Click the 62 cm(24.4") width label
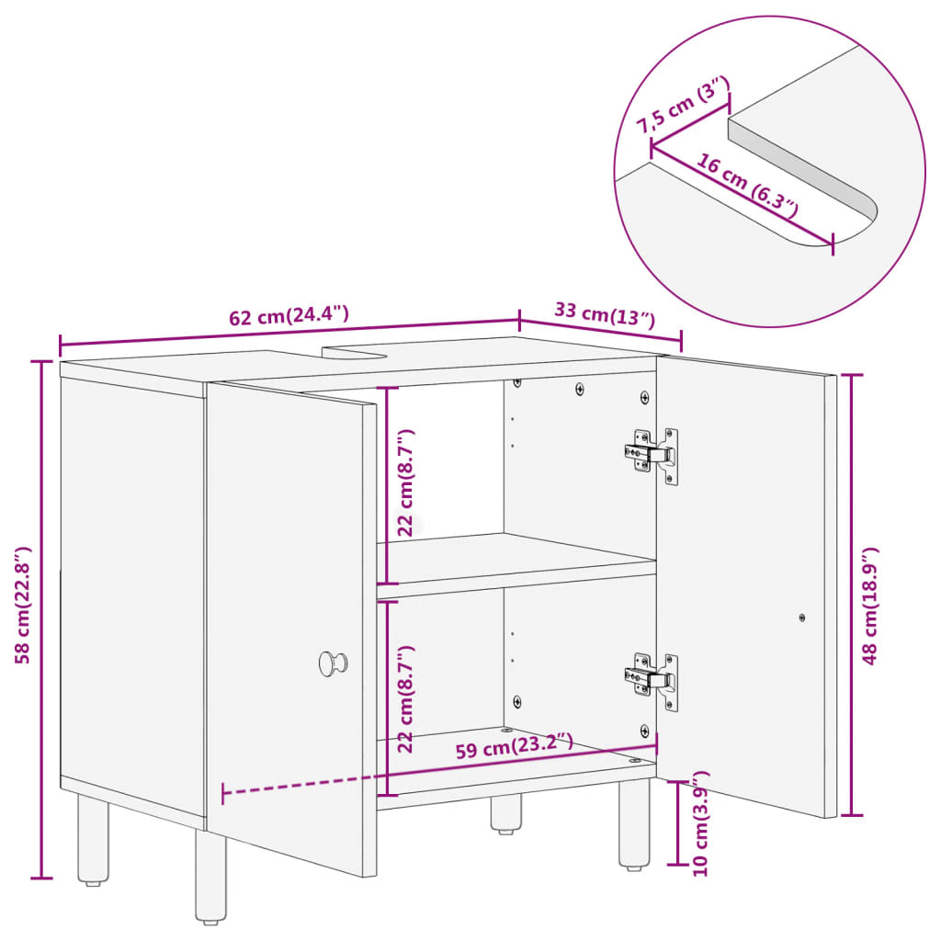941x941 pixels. click(289, 316)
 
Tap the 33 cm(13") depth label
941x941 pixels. click(604, 314)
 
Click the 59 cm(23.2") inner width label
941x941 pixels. click(515, 746)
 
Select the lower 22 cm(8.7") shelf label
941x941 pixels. click(405, 698)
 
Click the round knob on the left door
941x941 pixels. click(333, 663)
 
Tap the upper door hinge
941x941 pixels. click(652, 453)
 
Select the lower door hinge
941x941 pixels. click(652, 679)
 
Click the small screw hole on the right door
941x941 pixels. click(801, 618)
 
